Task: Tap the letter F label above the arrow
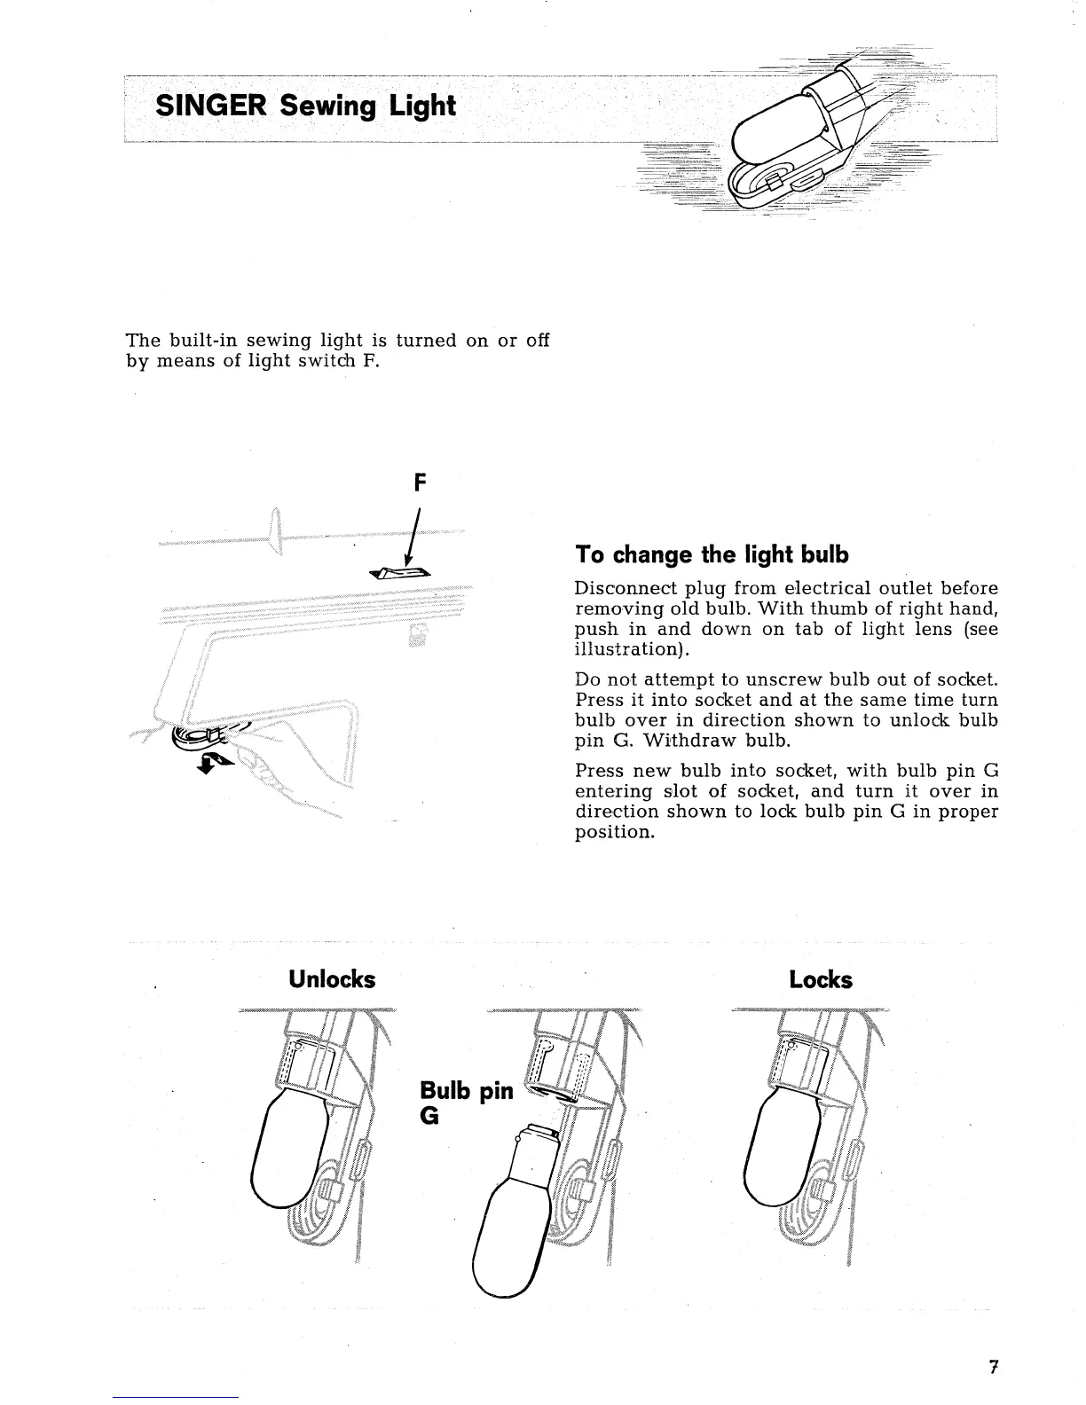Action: tap(421, 484)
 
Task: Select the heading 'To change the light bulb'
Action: tap(712, 555)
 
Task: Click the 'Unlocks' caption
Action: tap(332, 980)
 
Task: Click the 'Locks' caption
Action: tap(821, 980)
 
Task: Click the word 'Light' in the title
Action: tap(420, 106)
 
